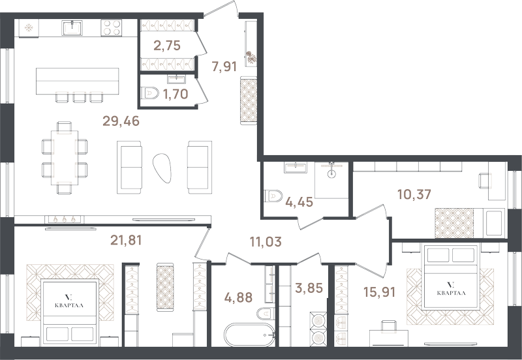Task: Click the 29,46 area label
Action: tap(121, 121)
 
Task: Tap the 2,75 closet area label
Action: tap(167, 45)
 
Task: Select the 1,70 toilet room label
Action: tap(176, 94)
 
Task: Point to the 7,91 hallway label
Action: tap(224, 67)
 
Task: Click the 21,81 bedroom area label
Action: tap(126, 240)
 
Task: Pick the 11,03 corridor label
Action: tap(266, 241)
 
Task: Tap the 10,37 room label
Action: tap(414, 194)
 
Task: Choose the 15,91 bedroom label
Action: tap(380, 292)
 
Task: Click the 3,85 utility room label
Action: tap(309, 288)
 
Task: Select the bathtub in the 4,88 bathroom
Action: tap(249, 335)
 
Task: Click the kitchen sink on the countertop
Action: tap(72, 27)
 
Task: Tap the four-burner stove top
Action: tap(111, 27)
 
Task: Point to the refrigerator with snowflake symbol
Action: tap(29, 28)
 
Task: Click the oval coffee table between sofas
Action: tap(162, 168)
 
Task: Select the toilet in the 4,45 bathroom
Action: tap(273, 196)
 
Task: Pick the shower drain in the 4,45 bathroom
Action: tap(331, 173)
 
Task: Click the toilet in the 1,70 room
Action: tap(149, 93)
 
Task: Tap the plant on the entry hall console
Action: tap(251, 57)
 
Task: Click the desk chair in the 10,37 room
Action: tap(485, 181)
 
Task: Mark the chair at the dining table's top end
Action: tap(64, 127)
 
